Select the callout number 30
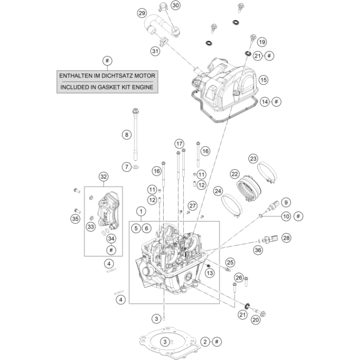(175, 5)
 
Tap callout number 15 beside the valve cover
(263, 79)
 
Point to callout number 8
(126, 135)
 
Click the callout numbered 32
(103, 177)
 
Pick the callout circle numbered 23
(253, 158)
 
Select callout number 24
(218, 191)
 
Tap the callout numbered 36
(258, 250)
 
